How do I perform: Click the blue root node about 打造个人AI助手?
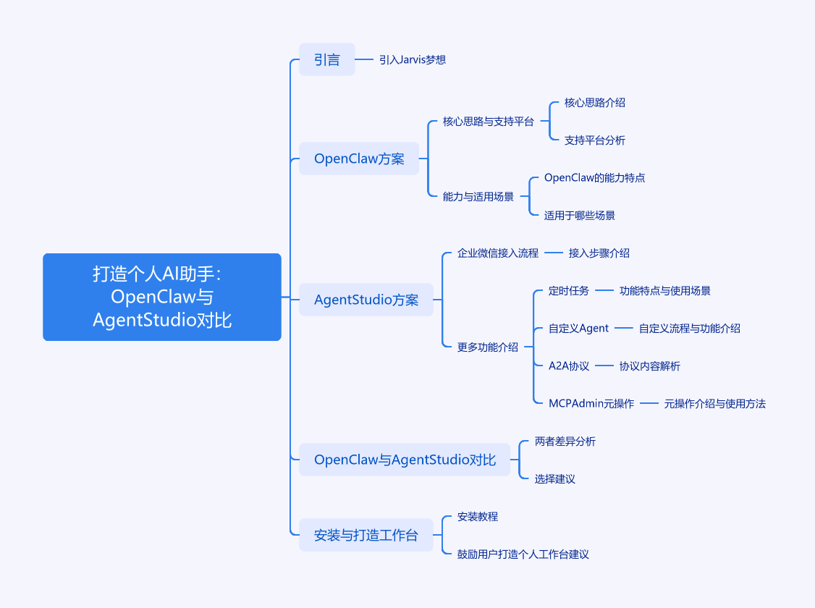(x=162, y=297)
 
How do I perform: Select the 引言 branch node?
(x=327, y=59)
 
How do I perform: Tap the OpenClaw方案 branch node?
(x=359, y=159)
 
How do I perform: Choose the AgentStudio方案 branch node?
(x=366, y=300)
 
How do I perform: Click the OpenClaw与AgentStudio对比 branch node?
(x=405, y=460)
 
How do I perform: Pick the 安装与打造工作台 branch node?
(x=366, y=536)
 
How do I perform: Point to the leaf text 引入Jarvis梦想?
(x=413, y=59)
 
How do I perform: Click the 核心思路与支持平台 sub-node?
(x=488, y=122)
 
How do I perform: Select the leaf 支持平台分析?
(x=595, y=140)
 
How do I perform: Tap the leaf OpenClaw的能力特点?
(x=594, y=177)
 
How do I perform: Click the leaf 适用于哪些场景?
(x=580, y=215)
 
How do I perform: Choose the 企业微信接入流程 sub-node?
(x=498, y=253)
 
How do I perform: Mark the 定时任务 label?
(x=569, y=291)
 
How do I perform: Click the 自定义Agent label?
(x=578, y=329)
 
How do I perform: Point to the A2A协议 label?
(x=569, y=366)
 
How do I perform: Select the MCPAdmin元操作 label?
(x=591, y=404)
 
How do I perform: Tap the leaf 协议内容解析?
(x=650, y=366)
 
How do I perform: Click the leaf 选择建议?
(x=555, y=479)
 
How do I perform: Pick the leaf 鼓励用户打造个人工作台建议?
(x=523, y=554)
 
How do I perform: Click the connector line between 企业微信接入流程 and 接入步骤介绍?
(x=554, y=253)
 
